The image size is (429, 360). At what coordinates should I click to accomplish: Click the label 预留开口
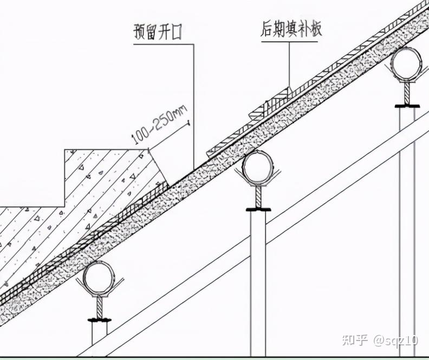pyautogui.click(x=157, y=33)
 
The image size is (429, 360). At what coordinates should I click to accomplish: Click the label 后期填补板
pyautogui.click(x=291, y=30)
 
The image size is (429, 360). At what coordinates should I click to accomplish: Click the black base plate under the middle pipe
pyautogui.click(x=259, y=209)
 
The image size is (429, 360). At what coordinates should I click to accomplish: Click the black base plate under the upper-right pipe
pyautogui.click(x=407, y=104)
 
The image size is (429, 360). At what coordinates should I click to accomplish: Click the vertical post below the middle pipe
pyautogui.click(x=258, y=271)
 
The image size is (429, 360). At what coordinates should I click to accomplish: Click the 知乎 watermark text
pyautogui.click(x=354, y=340)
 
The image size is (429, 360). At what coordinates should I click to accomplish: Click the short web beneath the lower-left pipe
pyautogui.click(x=101, y=307)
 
